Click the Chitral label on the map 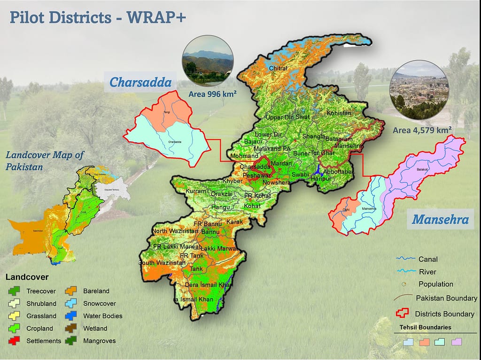click(278, 69)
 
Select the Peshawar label click(254, 175)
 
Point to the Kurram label click(196, 191)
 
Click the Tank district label click(196, 269)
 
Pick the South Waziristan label click(162, 263)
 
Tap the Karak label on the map click(234, 221)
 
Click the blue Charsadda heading click(140, 82)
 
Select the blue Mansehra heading click(440, 219)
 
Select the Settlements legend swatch click(15, 341)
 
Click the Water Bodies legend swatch click(72, 316)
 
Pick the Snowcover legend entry click(99, 304)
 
